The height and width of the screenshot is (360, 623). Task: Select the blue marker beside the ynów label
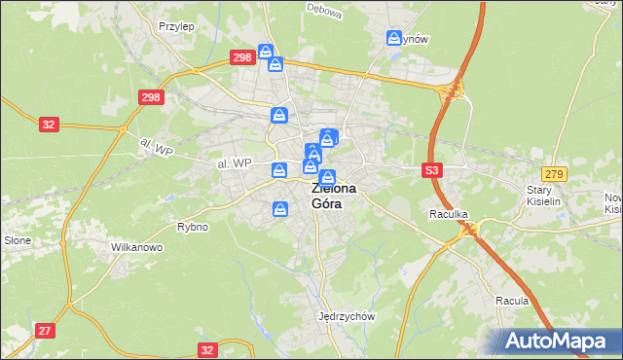pyautogui.click(x=394, y=38)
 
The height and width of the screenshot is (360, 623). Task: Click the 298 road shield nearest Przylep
pyautogui.click(x=243, y=57)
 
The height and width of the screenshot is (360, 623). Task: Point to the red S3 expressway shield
pyautogui.click(x=433, y=170)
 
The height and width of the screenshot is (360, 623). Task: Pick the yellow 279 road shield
pyautogui.click(x=554, y=173)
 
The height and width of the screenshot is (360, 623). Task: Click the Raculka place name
pyautogui.click(x=450, y=212)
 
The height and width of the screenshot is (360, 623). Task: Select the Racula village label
pyautogui.click(x=511, y=301)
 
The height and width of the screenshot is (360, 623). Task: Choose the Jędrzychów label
pyautogui.click(x=347, y=316)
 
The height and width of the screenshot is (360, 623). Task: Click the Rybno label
pyautogui.click(x=193, y=227)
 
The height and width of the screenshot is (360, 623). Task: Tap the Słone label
pyautogui.click(x=18, y=240)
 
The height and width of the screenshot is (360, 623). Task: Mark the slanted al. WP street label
pyautogui.click(x=156, y=146)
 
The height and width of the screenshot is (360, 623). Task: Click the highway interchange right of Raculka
pyautogui.click(x=471, y=230)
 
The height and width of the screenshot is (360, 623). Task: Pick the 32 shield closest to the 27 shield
pyautogui.click(x=206, y=348)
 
